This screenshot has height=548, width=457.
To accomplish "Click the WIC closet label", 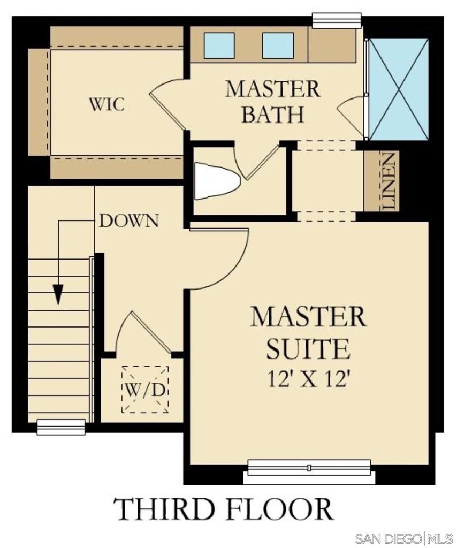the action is coord(106,104).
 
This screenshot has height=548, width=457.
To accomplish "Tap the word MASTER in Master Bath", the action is coord(272,89).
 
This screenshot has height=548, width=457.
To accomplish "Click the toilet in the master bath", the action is coord(217,181).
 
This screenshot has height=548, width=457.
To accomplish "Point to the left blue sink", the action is coord(219,45).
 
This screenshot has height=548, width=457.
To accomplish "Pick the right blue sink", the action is coord(278,45).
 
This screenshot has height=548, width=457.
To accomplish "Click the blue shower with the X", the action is coord(399,89).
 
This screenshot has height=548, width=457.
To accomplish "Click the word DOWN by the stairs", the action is coord(129,221).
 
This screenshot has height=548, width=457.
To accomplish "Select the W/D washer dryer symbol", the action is coord(145,390).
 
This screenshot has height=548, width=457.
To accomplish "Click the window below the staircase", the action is coord(61,427).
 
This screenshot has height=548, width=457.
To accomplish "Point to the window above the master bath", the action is coord(337,20).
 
